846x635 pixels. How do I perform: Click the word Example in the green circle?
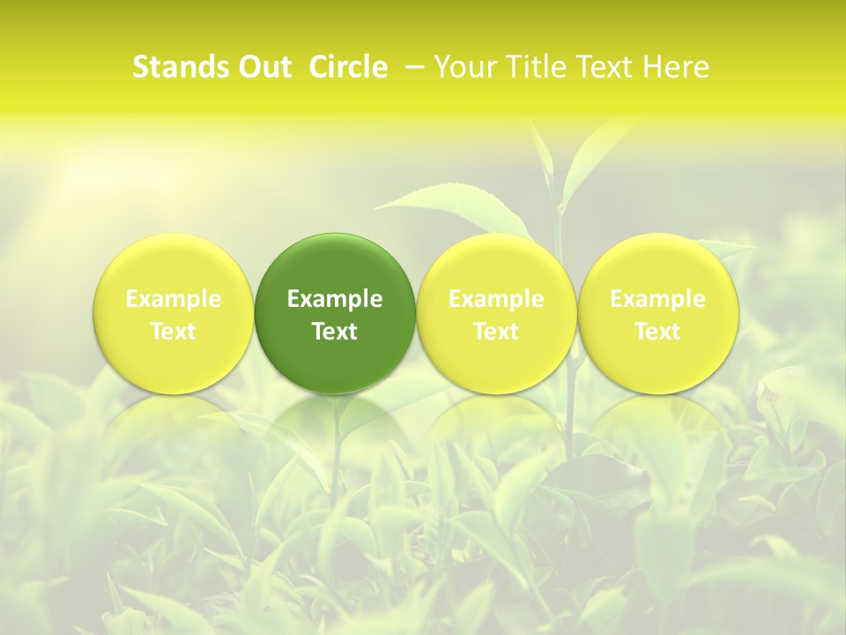pos(335,299)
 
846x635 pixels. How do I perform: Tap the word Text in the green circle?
pos(335,332)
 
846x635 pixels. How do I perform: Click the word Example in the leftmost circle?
pos(174,299)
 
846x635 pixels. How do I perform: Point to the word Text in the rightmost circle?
pos(657,332)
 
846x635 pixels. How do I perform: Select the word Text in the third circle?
pos(496,332)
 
